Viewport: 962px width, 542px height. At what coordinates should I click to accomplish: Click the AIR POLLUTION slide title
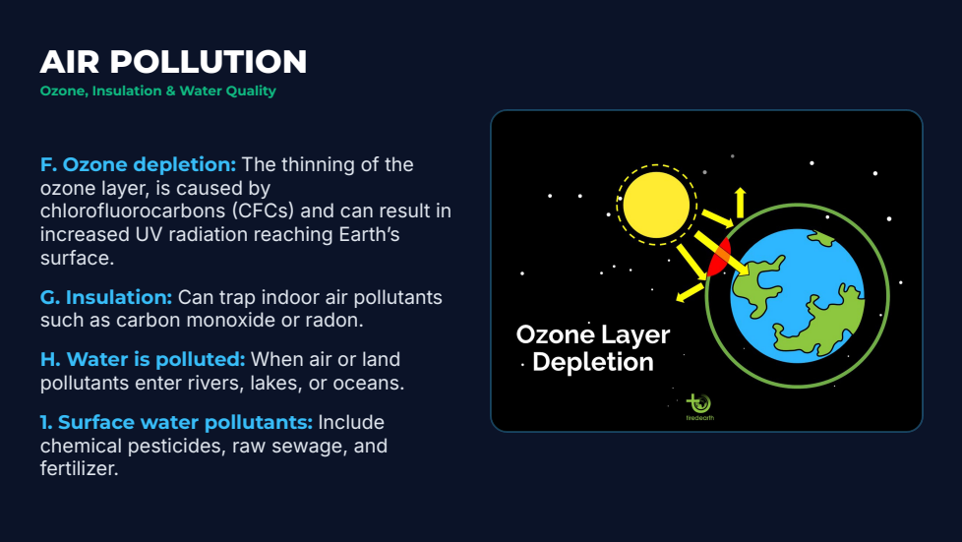[x=173, y=62]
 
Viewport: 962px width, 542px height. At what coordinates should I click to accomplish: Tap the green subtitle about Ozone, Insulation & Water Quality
[x=157, y=90]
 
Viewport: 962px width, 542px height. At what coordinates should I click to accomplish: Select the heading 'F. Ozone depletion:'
[x=138, y=164]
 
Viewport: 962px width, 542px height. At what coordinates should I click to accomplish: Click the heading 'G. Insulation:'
[x=106, y=297]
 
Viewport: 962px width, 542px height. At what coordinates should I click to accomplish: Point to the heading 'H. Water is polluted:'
[x=143, y=359]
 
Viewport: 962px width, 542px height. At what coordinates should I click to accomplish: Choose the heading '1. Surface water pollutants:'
[x=176, y=422]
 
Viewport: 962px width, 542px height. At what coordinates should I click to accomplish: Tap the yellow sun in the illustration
[x=656, y=205]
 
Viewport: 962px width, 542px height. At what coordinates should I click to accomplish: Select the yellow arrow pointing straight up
[x=740, y=203]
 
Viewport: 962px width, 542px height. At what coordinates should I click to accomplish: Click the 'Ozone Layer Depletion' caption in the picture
[x=593, y=348]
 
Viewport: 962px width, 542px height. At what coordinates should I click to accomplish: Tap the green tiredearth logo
[x=699, y=407]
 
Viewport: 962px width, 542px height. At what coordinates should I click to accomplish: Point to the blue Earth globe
[x=797, y=296]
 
